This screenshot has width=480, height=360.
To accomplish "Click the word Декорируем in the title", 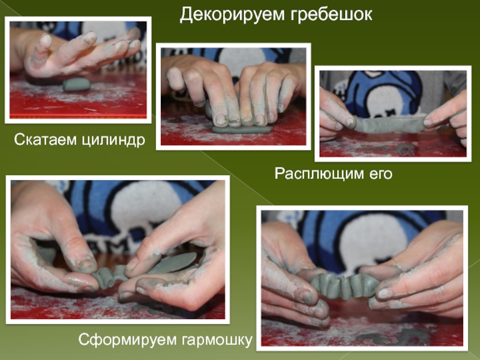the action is point(232,14).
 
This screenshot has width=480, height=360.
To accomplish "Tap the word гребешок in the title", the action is point(331,14).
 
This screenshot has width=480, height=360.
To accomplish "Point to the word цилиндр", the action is point(113,140).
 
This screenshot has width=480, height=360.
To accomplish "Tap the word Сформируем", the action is point(127,340).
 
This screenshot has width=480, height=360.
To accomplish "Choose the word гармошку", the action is point(217,340).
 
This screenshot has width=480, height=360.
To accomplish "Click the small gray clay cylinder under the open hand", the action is point(77,84).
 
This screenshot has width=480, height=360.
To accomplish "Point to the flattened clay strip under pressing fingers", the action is point(242,130).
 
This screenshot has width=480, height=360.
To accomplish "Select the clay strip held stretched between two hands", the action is point(389,125).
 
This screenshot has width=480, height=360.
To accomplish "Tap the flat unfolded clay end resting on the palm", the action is point(172,263).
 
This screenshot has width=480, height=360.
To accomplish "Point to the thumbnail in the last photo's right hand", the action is point(385,293).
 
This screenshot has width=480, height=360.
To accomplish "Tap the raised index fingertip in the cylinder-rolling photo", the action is point(46,40).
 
